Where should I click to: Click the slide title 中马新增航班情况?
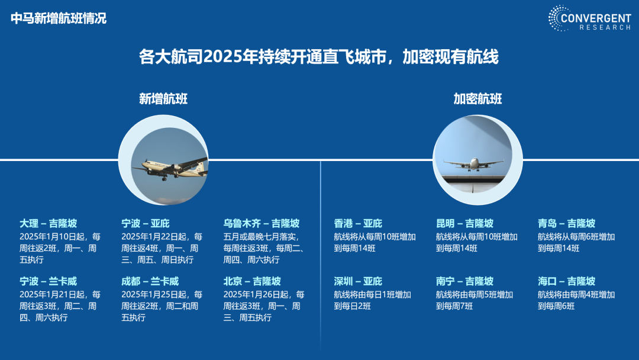click(x=59, y=18)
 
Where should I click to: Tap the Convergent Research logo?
click(x=589, y=18)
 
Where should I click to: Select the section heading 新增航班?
click(x=163, y=99)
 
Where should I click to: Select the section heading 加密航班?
click(x=477, y=99)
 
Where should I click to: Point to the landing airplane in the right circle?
click(x=473, y=164)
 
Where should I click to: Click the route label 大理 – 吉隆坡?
click(x=48, y=223)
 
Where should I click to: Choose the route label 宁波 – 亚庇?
click(x=146, y=223)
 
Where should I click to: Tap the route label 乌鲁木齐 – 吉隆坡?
click(x=262, y=223)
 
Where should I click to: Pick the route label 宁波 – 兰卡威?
click(x=48, y=281)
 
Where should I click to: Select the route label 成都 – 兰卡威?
click(x=150, y=281)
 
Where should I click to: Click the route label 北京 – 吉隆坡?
click(x=252, y=281)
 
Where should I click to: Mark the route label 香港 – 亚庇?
click(x=358, y=223)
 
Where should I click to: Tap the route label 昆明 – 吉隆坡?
click(x=464, y=223)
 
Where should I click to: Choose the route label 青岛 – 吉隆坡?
click(x=566, y=223)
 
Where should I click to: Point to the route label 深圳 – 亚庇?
click(x=358, y=281)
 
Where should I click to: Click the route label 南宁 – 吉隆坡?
click(x=464, y=281)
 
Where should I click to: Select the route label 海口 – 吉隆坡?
click(x=566, y=281)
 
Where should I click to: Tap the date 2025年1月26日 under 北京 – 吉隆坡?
click(x=251, y=294)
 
